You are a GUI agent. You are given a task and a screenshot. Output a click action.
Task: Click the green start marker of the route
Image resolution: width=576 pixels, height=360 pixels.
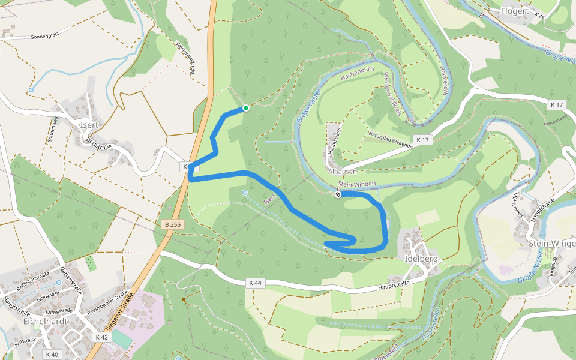point(245,108)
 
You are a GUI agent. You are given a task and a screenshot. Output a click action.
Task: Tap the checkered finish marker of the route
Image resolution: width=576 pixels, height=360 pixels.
point(338,194)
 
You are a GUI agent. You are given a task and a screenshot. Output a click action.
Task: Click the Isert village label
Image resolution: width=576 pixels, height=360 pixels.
point(89,125)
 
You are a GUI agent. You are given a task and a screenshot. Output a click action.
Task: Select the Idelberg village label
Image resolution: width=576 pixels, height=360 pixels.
point(421,259)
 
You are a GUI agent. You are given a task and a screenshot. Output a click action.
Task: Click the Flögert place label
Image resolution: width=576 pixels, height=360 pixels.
point(514,11)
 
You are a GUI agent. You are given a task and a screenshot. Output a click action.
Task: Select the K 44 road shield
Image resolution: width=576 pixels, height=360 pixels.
point(254,283)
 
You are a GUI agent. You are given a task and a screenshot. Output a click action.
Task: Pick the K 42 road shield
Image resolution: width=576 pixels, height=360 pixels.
point(102,337)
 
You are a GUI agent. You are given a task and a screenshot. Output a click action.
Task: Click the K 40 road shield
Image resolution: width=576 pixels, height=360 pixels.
point(52,355)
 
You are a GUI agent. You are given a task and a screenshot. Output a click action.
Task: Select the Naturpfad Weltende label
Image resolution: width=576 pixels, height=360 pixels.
point(391,140)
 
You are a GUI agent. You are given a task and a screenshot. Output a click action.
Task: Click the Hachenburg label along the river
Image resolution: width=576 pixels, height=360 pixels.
point(357,73)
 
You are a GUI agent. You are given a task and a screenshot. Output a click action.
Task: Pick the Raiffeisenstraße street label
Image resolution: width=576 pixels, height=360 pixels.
point(33,279)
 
